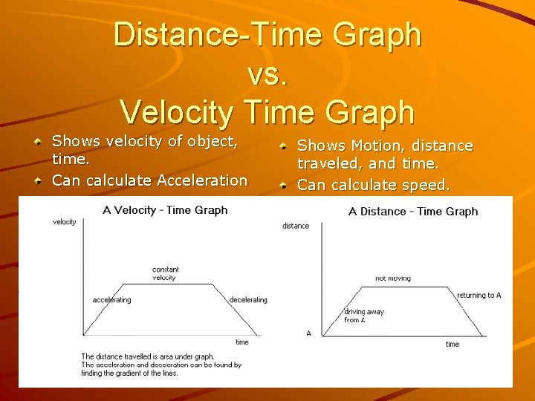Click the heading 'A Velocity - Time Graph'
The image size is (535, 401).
[165, 210]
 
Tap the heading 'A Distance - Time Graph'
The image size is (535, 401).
[413, 212]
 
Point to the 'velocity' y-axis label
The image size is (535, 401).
[65, 222]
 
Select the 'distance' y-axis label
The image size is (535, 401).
[296, 226]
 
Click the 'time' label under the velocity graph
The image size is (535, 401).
[242, 342]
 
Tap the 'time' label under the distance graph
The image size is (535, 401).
[453, 344]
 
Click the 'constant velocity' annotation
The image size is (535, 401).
[165, 273]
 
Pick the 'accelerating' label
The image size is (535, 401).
[111, 300]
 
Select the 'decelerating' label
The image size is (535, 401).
[248, 300]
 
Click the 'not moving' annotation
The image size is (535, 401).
[392, 278]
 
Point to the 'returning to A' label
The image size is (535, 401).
[479, 296]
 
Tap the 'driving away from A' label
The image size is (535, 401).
[364, 316]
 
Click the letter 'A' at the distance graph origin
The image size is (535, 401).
[309, 333]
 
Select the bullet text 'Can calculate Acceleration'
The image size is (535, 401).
[149, 180]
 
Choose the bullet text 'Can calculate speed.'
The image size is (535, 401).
[374, 186]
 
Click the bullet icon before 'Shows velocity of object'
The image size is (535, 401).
[38, 141]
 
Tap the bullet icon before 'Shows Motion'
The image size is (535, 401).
[285, 146]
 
